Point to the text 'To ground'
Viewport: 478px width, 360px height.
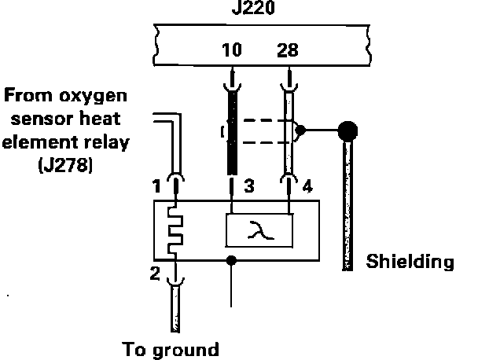[170, 348]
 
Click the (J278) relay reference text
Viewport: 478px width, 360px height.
[66, 167]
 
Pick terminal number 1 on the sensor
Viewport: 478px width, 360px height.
[159, 189]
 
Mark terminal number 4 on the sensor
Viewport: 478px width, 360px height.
[307, 189]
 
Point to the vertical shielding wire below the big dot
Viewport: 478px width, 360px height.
[345, 204]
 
